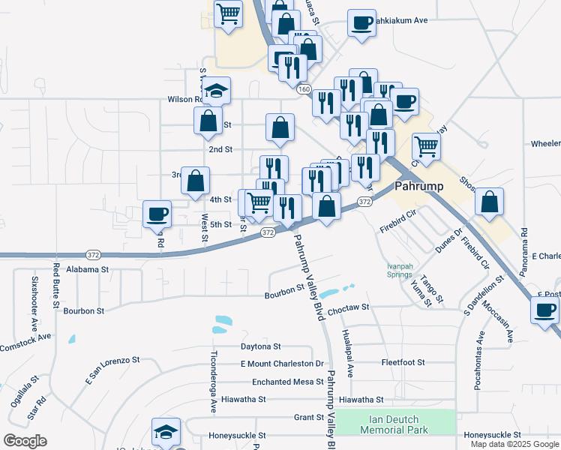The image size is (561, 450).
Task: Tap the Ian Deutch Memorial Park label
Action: click(394, 424)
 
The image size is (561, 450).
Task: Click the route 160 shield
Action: click(303, 89)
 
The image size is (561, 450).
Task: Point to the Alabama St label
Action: click(88, 268)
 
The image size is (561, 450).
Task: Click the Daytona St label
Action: click(260, 346)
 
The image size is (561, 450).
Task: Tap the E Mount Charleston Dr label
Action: click(281, 364)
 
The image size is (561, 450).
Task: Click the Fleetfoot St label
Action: click(403, 362)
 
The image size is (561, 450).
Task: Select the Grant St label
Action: click(308, 417)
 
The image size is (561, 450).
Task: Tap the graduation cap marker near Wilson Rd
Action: click(217, 91)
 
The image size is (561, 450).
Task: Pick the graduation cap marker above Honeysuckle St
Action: click(166, 431)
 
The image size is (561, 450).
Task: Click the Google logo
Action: click(25, 441)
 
